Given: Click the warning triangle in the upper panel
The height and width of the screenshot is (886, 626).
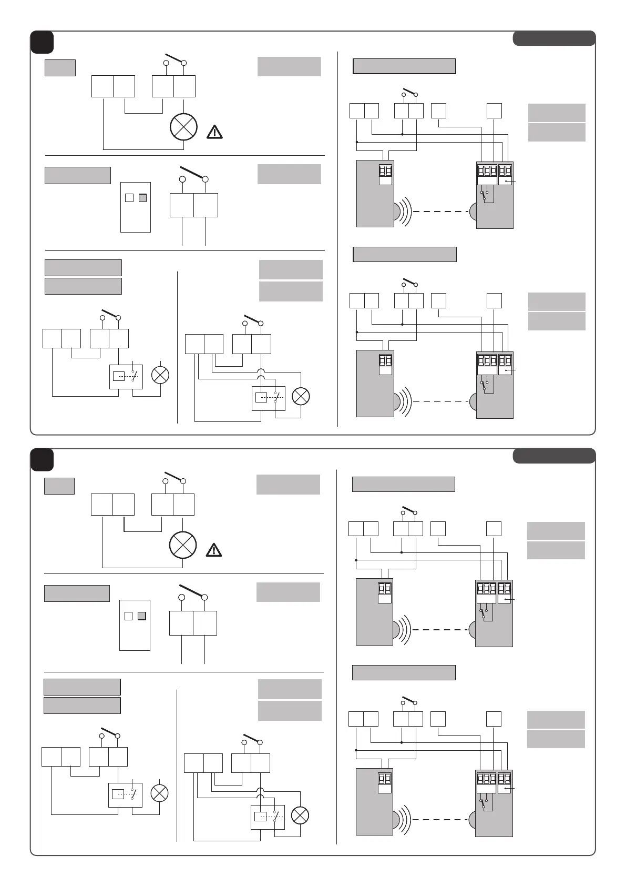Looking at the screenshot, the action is pos(214,132).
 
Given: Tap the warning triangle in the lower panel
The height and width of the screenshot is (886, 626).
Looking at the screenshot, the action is pos(213,550).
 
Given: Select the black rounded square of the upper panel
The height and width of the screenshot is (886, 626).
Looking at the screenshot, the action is pos(42,42).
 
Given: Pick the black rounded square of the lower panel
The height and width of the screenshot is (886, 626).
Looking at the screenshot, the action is pos(42,459).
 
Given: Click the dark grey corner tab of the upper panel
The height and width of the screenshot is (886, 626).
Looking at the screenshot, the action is pos(554,38).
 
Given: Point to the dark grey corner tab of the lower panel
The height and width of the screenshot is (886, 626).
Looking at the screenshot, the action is pos(554,456).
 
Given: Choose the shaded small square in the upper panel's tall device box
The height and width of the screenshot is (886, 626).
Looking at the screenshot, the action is pos(142,198).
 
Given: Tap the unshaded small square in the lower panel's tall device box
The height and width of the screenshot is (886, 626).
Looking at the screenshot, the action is pos(128,616).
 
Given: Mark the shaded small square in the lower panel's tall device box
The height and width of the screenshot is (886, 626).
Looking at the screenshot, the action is pos(141,616).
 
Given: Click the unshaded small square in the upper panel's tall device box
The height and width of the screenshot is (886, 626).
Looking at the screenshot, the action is pos(129,198).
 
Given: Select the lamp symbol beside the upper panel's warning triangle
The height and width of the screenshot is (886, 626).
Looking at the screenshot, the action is pos(183,127).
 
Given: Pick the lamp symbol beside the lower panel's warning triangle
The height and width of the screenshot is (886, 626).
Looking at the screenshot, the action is pos(183,545).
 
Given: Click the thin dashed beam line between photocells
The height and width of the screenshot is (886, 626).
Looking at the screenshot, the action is pos(440,401).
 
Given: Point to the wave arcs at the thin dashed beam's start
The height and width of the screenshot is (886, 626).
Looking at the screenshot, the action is pos(404,401).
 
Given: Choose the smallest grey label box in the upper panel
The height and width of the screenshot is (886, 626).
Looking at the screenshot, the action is pos(60,68).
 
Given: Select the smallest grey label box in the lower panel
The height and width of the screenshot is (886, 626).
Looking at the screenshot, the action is pos(59,486).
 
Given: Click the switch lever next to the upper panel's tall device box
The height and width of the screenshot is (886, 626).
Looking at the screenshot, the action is pos(193,173).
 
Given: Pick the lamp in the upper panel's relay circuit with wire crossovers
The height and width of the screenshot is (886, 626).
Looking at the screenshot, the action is pos(301,396).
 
